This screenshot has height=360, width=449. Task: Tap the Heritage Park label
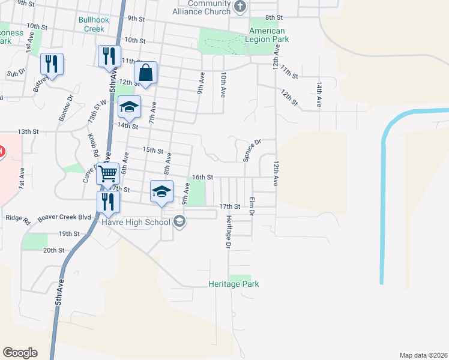coord(234,284)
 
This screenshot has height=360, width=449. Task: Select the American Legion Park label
coord(267,35)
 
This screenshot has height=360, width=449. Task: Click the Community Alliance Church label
coord(201,8)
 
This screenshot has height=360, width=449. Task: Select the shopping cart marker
coord(108,173)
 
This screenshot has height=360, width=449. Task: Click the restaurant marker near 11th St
coord(109,57)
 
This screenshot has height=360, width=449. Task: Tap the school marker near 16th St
coord(161,192)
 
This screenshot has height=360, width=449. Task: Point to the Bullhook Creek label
coord(94,24)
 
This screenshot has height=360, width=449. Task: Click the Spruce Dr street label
coord(252,151)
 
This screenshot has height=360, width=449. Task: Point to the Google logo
coord(20,353)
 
